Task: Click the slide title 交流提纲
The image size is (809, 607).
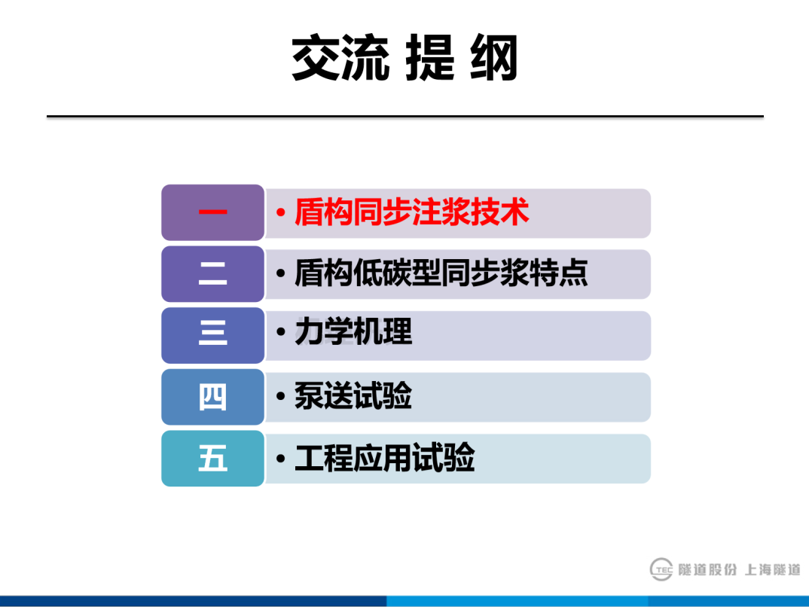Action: (404, 58)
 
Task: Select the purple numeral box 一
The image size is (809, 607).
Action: (212, 212)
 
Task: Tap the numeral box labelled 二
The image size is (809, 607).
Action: (212, 274)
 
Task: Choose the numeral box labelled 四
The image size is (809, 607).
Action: (212, 397)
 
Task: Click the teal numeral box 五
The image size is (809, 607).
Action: (212, 459)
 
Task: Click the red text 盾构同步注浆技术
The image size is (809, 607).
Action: (411, 213)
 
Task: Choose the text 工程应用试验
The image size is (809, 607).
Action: (384, 459)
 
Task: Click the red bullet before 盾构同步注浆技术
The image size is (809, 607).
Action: (280, 214)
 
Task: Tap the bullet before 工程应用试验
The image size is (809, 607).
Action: (280, 459)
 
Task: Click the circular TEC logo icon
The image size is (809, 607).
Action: (661, 570)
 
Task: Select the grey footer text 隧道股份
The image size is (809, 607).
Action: (707, 570)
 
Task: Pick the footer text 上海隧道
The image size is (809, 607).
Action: (772, 570)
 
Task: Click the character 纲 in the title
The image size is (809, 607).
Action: (494, 58)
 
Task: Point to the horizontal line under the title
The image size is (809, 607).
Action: (404, 117)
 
